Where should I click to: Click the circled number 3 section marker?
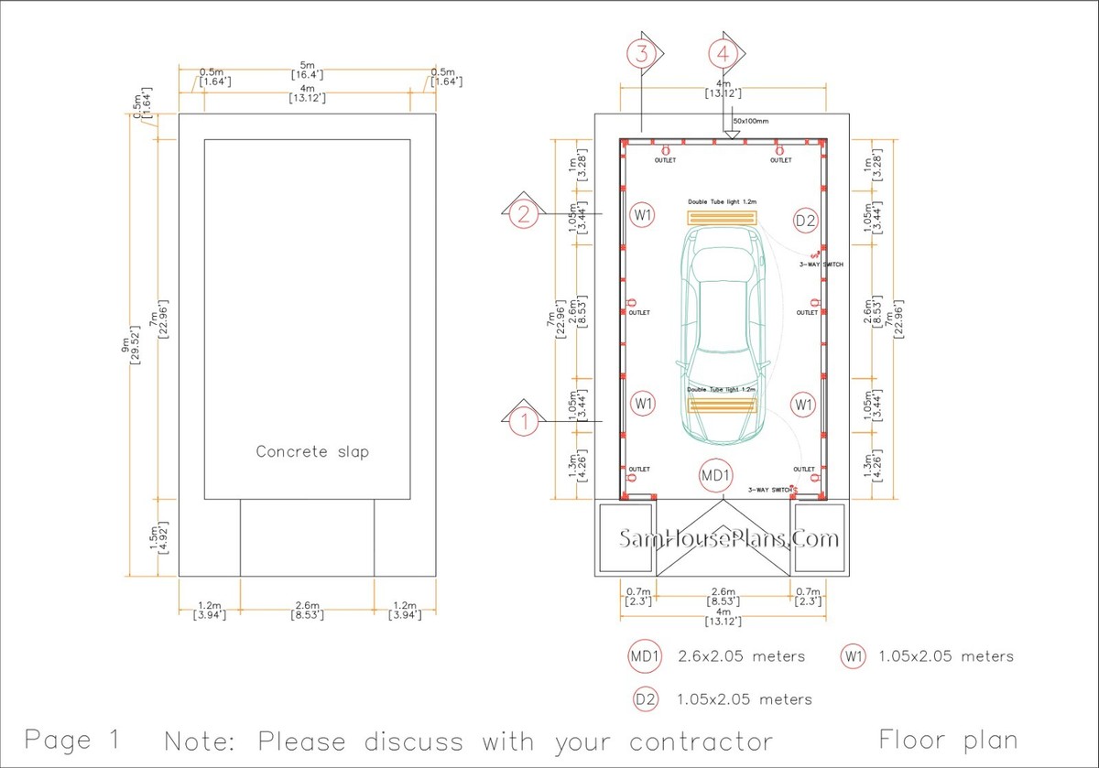pyautogui.click(x=643, y=53)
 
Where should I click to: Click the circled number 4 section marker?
pyautogui.click(x=724, y=53)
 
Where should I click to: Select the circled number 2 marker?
pyautogui.click(x=524, y=215)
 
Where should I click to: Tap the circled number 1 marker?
pyautogui.click(x=525, y=422)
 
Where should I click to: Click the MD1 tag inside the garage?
pyautogui.click(x=716, y=476)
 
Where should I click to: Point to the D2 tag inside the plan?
pyautogui.click(x=805, y=221)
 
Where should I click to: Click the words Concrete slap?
pyautogui.click(x=312, y=451)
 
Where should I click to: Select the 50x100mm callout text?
pyautogui.click(x=751, y=121)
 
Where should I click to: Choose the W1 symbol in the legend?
pyautogui.click(x=854, y=656)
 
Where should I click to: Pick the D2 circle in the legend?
pyautogui.click(x=646, y=699)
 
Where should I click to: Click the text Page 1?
pyautogui.click(x=71, y=739)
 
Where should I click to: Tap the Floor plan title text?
pyautogui.click(x=947, y=739)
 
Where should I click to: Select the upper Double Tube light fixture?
pyautogui.click(x=723, y=218)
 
